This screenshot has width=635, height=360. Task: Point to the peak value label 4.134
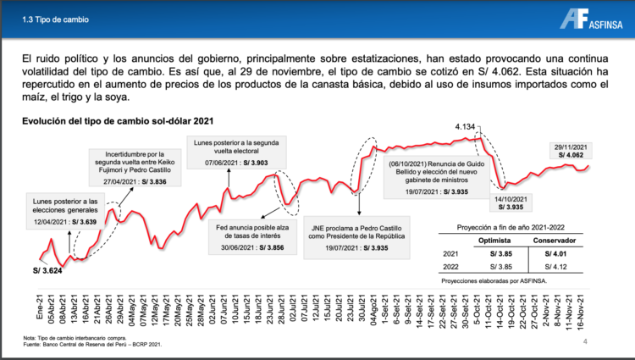click(x=465, y=127)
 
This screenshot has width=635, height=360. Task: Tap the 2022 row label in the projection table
click(x=451, y=267)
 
